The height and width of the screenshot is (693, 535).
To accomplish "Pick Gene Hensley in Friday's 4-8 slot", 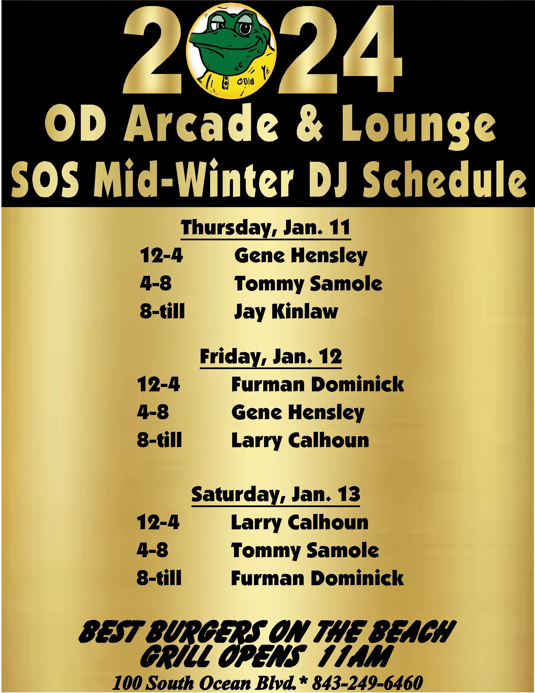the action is (x=298, y=413).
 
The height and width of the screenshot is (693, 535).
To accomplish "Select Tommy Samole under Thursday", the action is (x=308, y=284).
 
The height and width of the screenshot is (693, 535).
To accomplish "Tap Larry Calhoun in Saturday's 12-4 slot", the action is (x=300, y=523).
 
